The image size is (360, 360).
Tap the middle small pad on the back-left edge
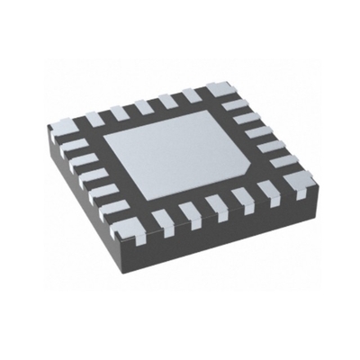pos(142,107)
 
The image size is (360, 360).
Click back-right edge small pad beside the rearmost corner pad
pos(237,106)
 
